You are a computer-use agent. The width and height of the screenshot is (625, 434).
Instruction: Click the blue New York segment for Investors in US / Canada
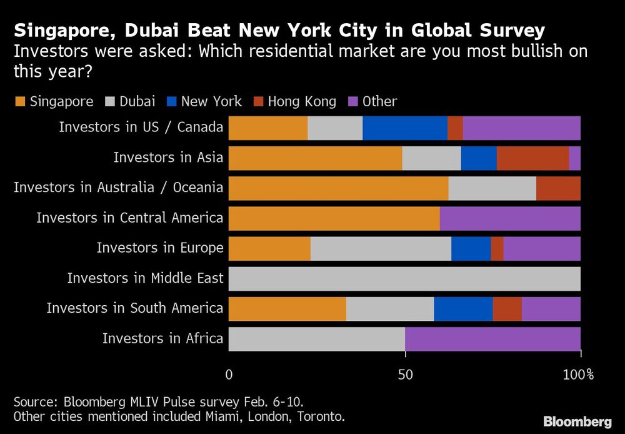click(405, 128)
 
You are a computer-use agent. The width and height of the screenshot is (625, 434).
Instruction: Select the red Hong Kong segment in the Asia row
click(532, 158)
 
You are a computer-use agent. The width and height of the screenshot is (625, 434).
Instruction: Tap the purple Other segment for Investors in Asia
click(574, 158)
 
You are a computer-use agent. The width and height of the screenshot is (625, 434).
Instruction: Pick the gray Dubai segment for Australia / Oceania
click(492, 188)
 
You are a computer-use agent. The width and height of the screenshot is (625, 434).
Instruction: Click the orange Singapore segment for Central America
click(334, 218)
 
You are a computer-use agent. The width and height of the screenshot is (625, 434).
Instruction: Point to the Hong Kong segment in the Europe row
click(497, 248)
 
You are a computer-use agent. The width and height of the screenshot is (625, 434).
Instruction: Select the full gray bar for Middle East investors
click(404, 278)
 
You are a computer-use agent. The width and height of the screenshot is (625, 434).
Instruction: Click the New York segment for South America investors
click(463, 308)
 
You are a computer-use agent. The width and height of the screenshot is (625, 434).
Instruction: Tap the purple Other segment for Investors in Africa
click(492, 339)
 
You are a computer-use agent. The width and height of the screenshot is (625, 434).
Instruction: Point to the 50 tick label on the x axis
click(405, 375)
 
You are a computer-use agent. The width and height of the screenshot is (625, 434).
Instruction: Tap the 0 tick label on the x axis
click(229, 375)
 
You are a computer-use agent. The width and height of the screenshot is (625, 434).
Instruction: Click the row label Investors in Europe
click(159, 248)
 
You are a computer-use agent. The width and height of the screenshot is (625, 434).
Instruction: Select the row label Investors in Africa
click(162, 339)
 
